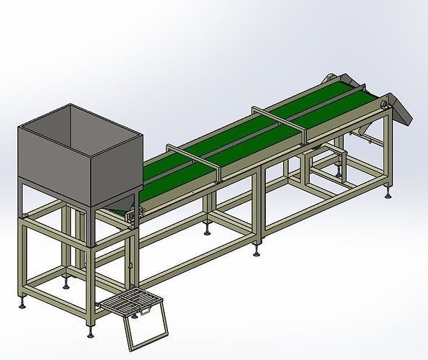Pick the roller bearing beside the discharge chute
385,108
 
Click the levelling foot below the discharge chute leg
390,192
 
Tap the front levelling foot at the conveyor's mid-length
258,253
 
